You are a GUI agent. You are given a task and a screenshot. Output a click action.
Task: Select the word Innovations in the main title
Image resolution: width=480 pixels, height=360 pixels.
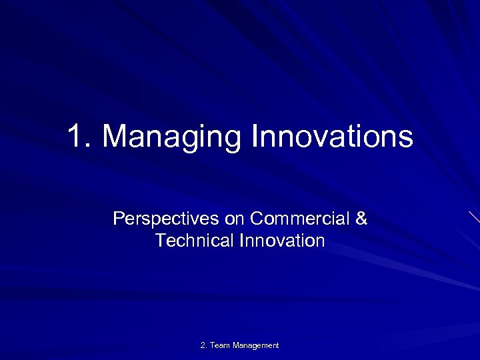(332, 137)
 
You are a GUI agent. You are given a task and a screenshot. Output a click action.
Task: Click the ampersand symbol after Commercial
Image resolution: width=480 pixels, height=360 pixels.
(361, 219)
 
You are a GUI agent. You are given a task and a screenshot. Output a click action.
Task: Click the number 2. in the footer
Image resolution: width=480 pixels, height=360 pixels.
(204, 345)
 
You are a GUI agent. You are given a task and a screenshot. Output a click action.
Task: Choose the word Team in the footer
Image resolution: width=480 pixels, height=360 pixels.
(220, 345)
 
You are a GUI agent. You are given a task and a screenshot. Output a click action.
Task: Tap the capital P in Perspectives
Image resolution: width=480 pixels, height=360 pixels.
(118, 219)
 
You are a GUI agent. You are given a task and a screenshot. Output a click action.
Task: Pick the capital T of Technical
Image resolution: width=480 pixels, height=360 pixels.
(160, 240)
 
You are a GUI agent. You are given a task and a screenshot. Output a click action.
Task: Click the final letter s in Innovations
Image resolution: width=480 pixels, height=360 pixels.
(407, 139)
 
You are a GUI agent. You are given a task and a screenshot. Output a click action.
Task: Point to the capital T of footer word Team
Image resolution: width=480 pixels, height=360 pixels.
(212, 345)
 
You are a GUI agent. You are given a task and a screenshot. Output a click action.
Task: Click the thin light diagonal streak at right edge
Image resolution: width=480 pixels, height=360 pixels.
(474, 217)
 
